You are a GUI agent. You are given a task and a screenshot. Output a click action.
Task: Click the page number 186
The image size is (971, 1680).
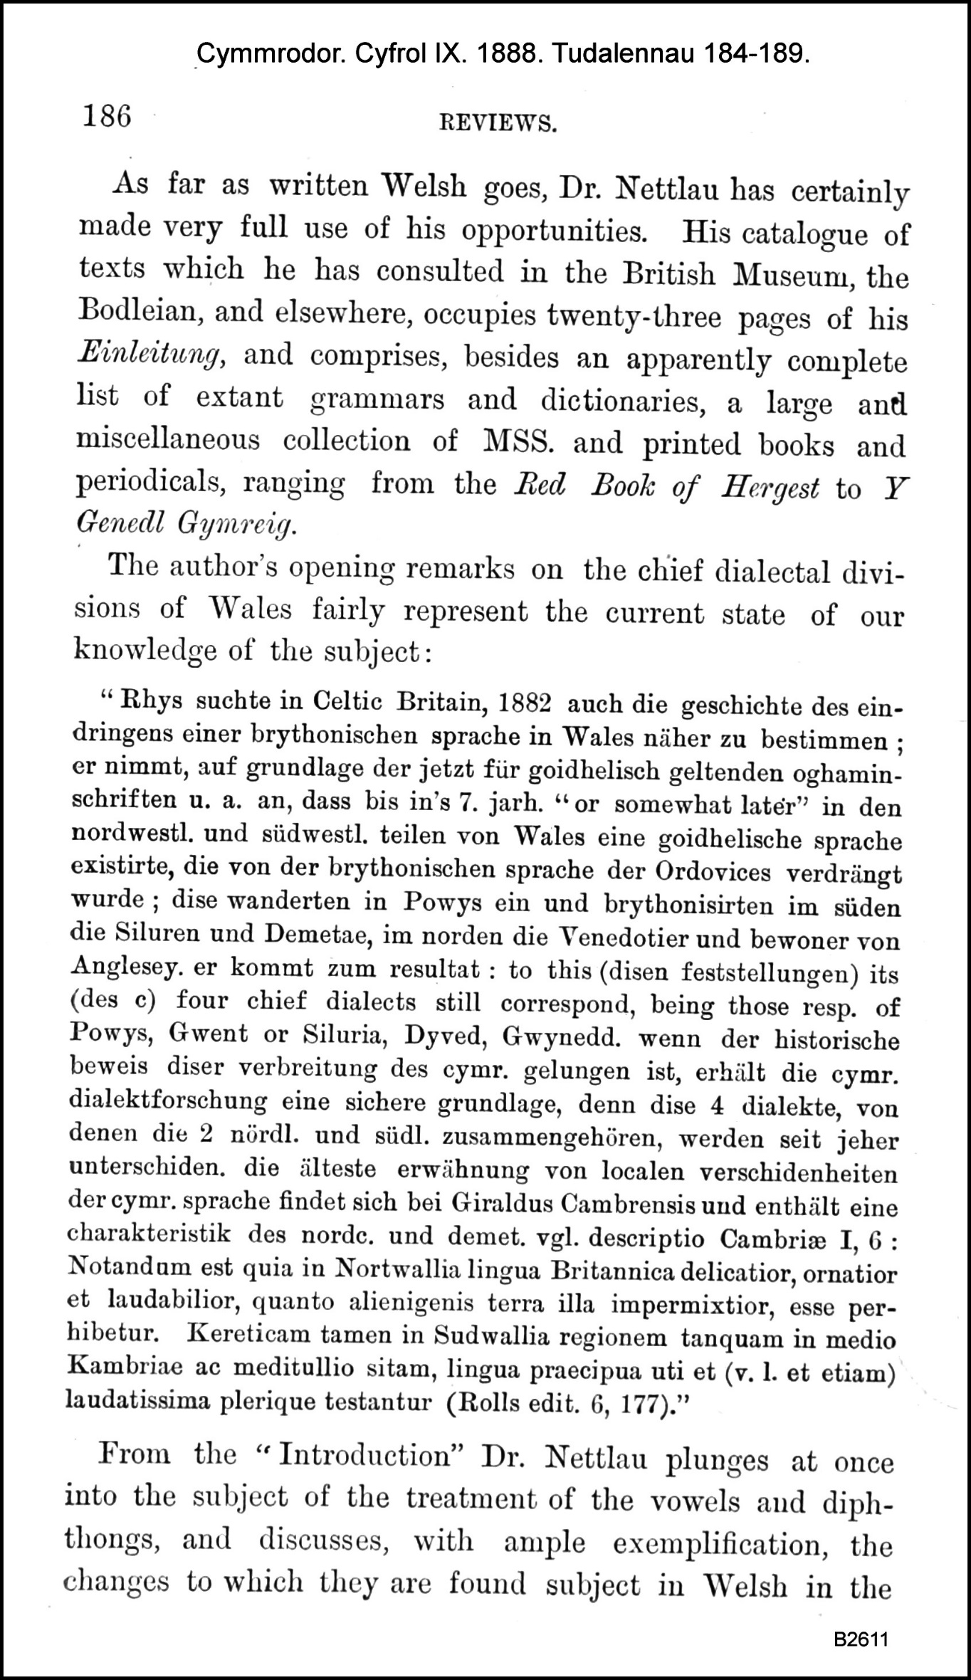point(107,115)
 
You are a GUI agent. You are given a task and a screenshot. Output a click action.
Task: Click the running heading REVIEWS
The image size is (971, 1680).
point(497,124)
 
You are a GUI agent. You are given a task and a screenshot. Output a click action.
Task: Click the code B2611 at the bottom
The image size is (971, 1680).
point(862,1619)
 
